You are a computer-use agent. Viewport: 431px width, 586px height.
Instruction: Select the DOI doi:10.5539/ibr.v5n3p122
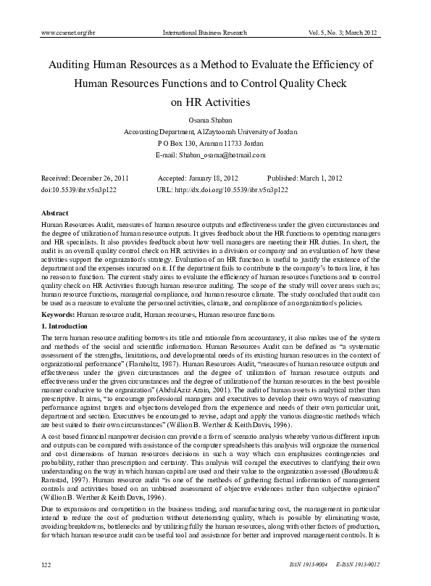80,190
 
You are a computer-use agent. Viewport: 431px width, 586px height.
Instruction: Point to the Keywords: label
59,316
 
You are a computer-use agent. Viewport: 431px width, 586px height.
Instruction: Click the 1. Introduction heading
67,328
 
